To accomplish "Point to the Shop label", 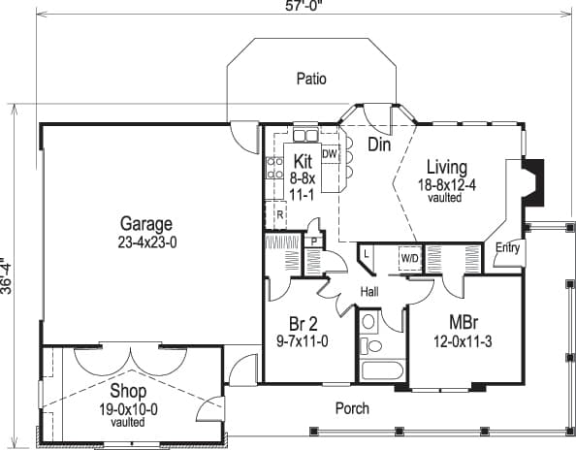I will click(128, 392).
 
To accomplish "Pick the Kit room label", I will click(302, 160).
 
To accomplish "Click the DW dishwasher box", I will click(329, 154).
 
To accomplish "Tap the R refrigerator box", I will click(279, 214).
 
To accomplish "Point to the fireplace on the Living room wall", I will click(532, 181).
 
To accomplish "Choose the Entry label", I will click(507, 248).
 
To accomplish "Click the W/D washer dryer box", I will click(408, 258).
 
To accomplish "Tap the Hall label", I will click(368, 291).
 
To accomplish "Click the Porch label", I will click(352, 408).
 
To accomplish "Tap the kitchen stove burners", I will click(274, 169).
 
